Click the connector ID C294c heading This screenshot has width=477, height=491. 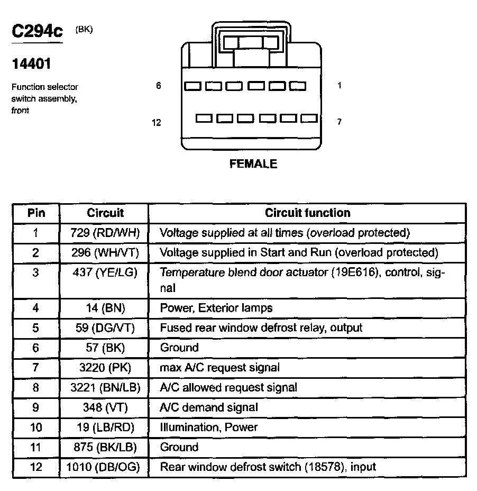click(37, 32)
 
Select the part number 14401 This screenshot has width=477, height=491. click(32, 64)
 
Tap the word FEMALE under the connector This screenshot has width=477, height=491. click(253, 164)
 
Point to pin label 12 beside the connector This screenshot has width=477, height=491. click(156, 123)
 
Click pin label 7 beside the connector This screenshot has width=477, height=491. click(339, 122)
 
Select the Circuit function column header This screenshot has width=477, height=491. click(307, 213)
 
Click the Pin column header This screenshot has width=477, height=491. click(36, 213)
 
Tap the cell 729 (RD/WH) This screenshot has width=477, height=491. click(105, 233)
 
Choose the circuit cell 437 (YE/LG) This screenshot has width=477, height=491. click(105, 273)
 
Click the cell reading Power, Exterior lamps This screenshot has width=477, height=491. click(216, 307)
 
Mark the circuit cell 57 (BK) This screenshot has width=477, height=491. click(105, 348)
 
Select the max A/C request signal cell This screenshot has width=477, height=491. click(219, 367)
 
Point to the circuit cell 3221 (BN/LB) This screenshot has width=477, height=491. click(105, 387)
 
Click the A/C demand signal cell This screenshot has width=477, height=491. click(209, 407)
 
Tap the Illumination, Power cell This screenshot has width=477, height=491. click(208, 427)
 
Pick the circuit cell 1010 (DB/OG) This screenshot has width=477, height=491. click(105, 467)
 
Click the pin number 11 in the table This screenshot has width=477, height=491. click(35, 447)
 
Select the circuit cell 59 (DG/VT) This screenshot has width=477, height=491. click(105, 328)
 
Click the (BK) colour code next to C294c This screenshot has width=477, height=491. click(84, 30)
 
